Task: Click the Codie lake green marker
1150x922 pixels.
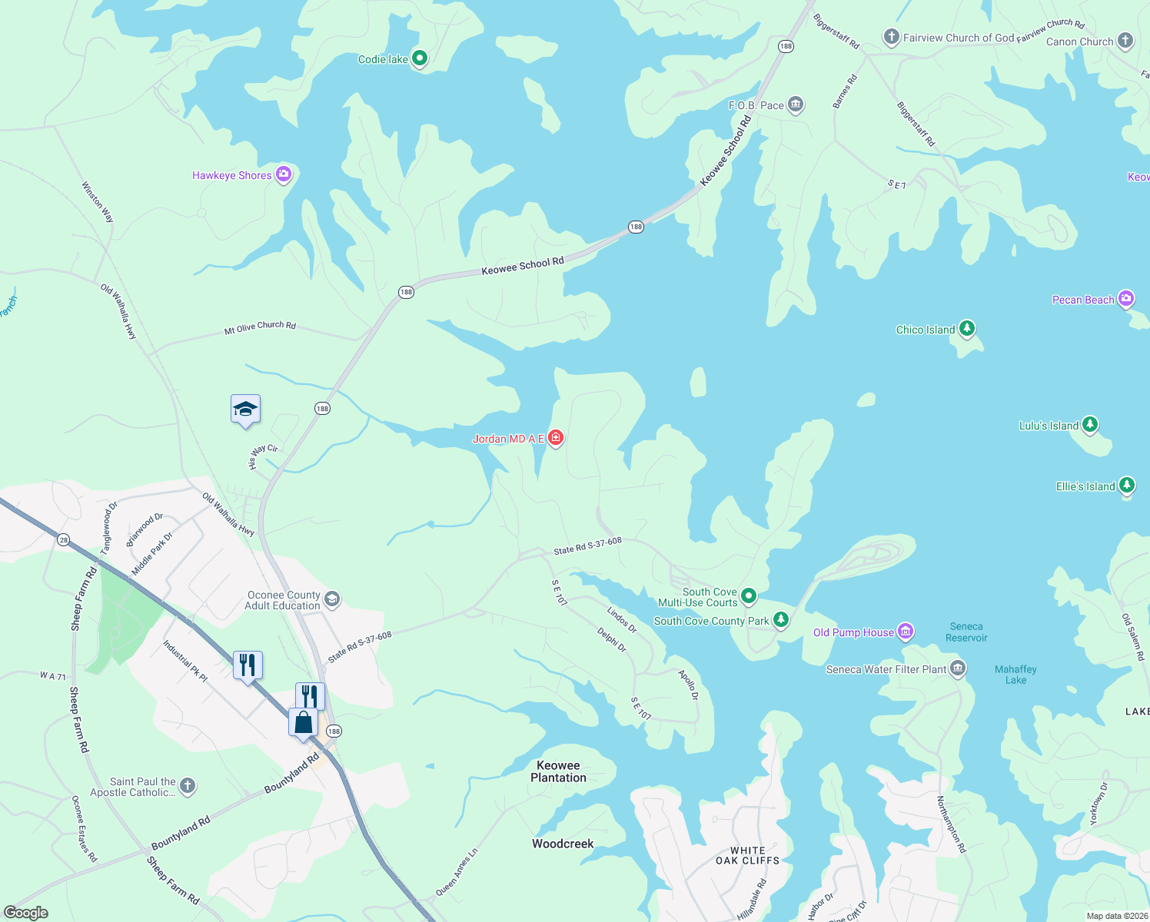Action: point(420,58)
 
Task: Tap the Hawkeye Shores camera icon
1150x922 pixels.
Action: point(284,175)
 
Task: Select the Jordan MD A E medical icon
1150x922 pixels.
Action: point(556,438)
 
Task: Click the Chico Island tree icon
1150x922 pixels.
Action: point(967,329)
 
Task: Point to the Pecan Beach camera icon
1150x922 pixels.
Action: point(1126,299)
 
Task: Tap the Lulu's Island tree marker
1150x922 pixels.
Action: point(1089,425)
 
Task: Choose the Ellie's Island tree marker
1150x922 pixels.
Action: point(1127,486)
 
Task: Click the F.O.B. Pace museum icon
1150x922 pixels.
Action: point(796,104)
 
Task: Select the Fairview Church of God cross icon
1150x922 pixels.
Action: point(891,37)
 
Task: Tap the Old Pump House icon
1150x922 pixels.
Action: point(906,632)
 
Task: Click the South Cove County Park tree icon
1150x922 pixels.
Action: point(781,620)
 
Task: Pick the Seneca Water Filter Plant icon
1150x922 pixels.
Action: point(957,668)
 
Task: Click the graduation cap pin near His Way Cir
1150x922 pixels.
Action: point(245,410)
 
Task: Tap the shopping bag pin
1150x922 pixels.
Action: point(304,722)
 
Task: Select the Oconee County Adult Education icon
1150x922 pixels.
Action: point(332,599)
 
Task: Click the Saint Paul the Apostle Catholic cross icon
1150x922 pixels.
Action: point(188,786)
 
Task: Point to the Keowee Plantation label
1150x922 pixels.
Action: point(558,771)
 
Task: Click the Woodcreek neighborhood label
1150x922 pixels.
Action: point(563,844)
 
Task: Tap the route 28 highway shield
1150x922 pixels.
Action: point(63,540)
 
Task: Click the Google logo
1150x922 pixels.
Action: point(26,913)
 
